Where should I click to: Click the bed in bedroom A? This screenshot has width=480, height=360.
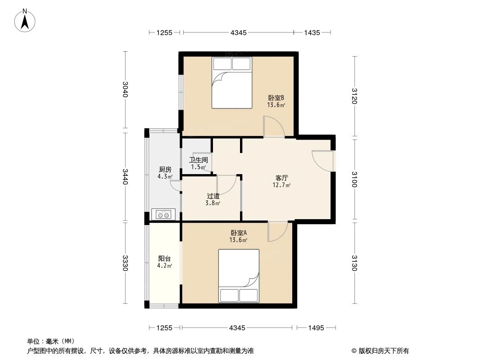point(239,275)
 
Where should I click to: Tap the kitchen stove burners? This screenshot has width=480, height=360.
point(163,215)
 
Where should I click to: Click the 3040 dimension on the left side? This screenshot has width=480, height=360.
point(126,90)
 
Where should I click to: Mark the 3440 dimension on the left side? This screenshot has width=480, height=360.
point(126,176)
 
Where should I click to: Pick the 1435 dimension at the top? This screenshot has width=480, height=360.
point(312,32)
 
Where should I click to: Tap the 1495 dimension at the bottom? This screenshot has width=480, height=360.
point(316,328)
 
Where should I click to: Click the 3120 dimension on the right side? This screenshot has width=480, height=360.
point(354,96)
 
